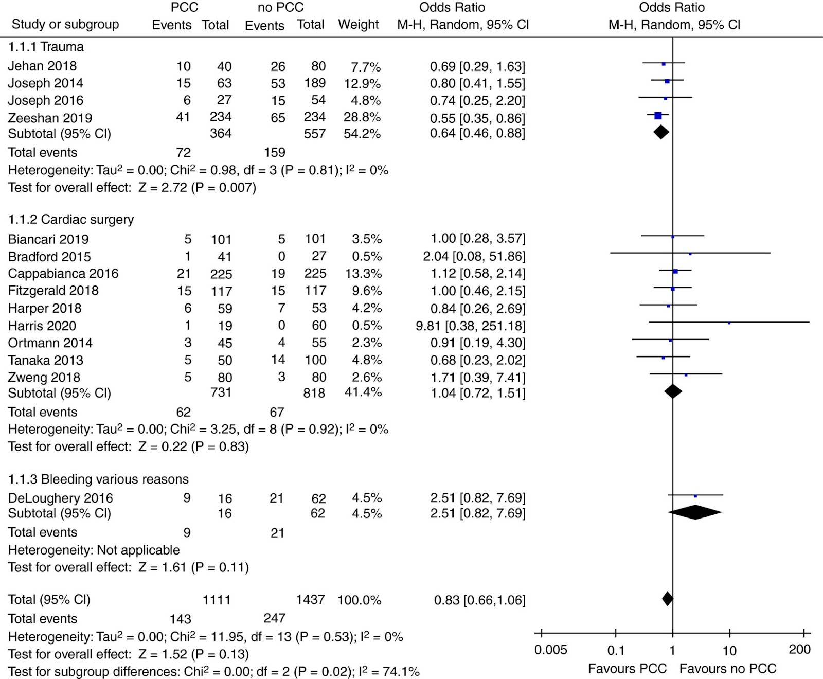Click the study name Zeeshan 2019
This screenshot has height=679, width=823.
[50, 118]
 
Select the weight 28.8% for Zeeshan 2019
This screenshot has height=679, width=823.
[362, 117]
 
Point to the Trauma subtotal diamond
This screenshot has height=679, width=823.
[661, 132]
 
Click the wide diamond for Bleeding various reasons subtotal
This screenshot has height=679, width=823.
[695, 512]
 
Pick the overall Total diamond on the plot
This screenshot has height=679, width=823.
[667, 599]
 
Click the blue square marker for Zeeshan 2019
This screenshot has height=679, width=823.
[658, 116]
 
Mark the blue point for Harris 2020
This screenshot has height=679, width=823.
[729, 323]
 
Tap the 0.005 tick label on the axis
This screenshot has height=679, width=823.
[550, 650]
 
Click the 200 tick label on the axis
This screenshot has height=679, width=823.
[799, 649]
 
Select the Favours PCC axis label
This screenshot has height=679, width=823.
[627, 669]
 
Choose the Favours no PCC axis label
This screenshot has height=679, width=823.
[728, 669]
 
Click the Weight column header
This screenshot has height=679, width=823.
[358, 25]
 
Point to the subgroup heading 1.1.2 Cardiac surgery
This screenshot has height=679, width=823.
[71, 220]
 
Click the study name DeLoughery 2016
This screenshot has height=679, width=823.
[60, 498]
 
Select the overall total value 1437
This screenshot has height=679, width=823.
[310, 600]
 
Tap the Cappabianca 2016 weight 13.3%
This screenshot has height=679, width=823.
[363, 274]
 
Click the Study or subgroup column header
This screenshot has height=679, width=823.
[65, 24]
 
